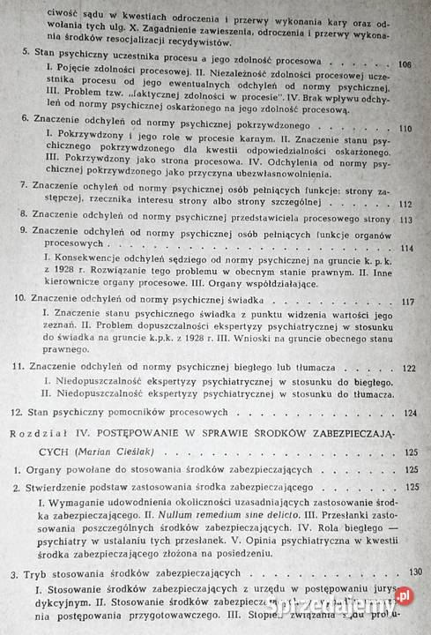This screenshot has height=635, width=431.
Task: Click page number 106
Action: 405,65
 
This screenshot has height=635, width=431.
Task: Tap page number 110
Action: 405,129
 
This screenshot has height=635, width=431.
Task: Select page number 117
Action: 406,302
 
